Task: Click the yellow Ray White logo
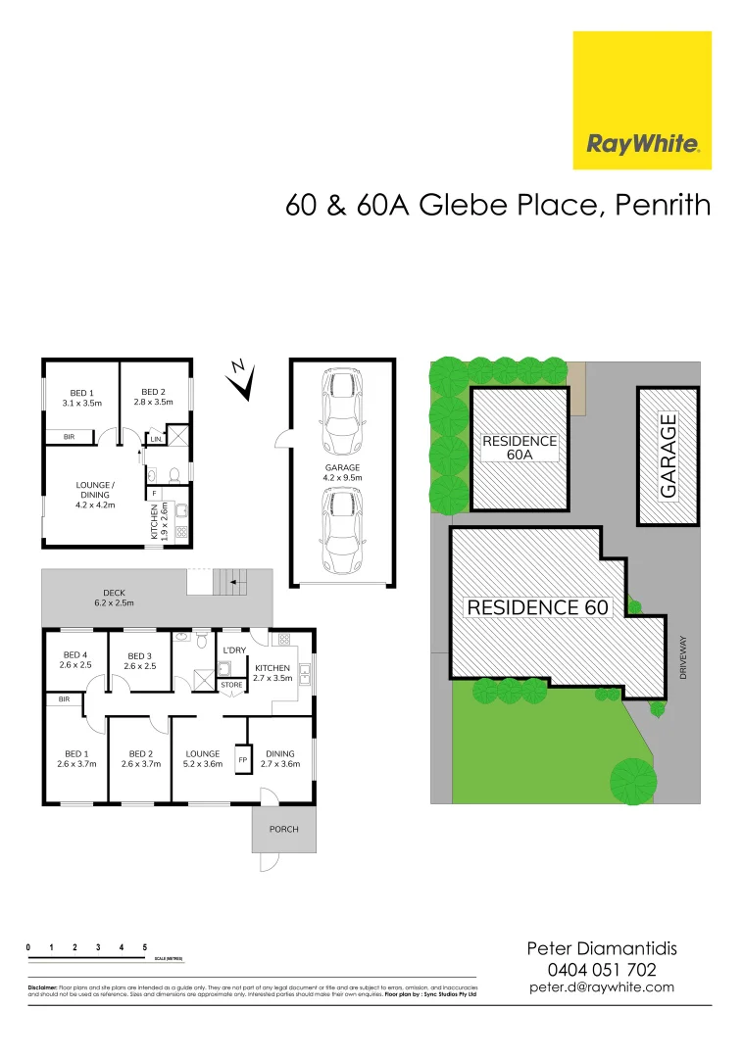pos(642,100)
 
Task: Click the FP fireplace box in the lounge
pos(242,760)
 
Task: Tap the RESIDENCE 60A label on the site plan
pos(519,449)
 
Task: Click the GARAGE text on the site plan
pos(669,457)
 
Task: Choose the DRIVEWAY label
pos(684,657)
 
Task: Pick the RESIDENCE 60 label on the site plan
pos(538,607)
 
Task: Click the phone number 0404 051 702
pos(601,969)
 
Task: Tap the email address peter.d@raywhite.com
pos(601,987)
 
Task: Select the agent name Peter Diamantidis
pos(601,948)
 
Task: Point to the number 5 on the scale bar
pos(145,947)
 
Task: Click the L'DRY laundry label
pos(234,649)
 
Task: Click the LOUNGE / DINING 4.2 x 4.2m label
pos(95,495)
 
